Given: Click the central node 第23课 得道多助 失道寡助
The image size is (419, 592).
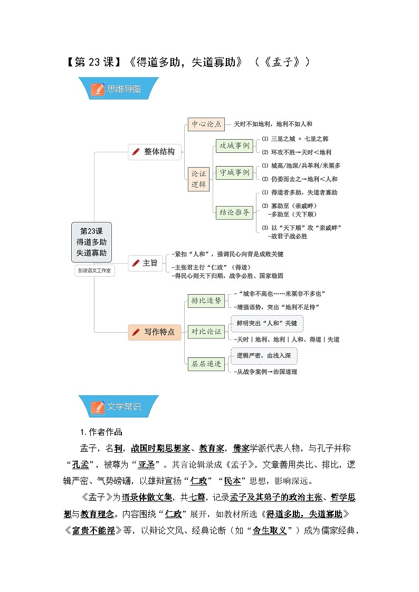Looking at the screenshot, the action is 91,242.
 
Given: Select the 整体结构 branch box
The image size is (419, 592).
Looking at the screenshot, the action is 155,152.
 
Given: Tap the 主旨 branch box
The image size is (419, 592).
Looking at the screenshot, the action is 145,263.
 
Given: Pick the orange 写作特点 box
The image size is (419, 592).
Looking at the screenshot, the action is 155,332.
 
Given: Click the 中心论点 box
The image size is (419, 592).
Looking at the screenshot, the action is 206,124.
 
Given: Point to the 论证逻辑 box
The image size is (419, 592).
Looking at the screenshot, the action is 199,179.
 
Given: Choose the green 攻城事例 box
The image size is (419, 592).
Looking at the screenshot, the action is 234,145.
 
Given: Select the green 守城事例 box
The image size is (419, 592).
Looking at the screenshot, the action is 234,172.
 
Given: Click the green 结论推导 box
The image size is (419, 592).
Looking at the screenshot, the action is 234,212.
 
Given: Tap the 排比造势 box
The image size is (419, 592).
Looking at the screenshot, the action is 206,300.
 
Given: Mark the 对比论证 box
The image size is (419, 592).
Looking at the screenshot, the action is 206,332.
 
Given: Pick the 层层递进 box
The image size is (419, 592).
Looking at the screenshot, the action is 206,364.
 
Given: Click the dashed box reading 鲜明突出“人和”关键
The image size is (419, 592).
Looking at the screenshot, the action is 266,323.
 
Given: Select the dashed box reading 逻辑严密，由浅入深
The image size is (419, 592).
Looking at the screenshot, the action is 264,356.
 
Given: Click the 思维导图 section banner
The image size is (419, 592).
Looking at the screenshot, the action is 119,89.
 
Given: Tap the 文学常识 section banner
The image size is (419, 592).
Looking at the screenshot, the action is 119,406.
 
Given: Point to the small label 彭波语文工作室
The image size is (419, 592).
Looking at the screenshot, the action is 94,271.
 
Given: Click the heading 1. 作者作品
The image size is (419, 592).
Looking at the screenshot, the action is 101,432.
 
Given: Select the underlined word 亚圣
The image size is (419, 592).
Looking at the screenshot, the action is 146,465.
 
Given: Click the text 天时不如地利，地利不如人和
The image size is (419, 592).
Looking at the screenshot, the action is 273,124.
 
